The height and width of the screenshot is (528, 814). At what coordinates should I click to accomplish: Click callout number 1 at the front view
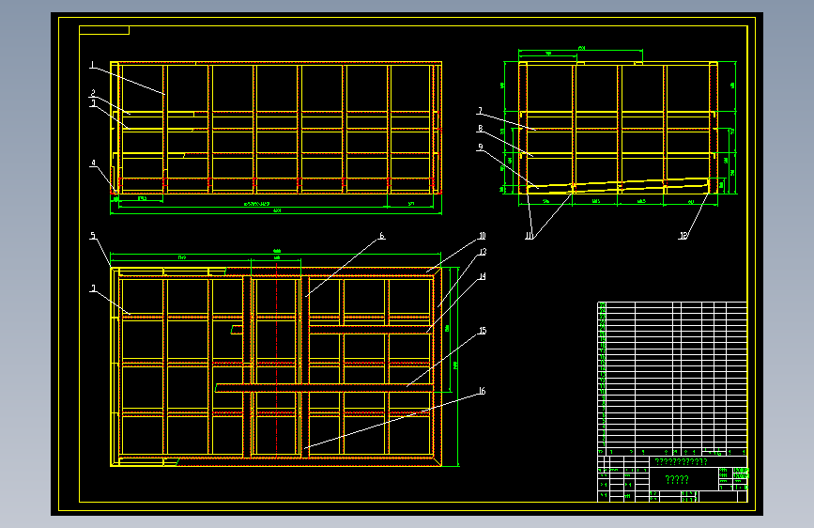[93, 65]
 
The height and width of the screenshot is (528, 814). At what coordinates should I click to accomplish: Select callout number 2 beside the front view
[93, 93]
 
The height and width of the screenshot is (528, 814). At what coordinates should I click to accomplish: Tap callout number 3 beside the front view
[93, 104]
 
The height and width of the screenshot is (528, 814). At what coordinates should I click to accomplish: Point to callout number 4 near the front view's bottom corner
[93, 163]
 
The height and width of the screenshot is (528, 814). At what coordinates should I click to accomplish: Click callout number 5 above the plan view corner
[93, 235]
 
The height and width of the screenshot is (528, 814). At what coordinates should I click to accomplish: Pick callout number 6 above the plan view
[382, 236]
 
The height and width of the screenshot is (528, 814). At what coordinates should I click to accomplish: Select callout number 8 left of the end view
[480, 129]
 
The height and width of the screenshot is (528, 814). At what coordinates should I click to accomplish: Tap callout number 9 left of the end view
[480, 148]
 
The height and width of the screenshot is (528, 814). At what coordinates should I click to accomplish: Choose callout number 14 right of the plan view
[483, 277]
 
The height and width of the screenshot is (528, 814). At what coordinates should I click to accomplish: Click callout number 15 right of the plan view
[483, 331]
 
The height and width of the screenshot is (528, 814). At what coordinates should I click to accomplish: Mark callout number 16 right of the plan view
[482, 391]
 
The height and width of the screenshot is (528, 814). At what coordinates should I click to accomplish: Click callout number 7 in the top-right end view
[479, 110]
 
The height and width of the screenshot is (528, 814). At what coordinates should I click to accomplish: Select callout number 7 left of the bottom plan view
[93, 289]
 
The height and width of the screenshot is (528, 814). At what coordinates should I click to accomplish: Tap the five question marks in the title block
[677, 480]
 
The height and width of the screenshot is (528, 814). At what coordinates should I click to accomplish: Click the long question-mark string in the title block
[681, 462]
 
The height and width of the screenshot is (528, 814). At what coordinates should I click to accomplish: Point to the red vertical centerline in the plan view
[277, 366]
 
